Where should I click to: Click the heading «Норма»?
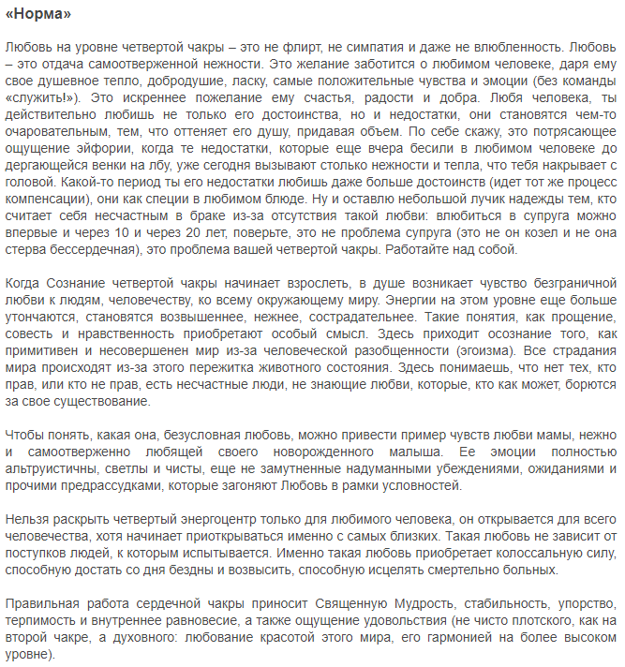click(37, 15)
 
